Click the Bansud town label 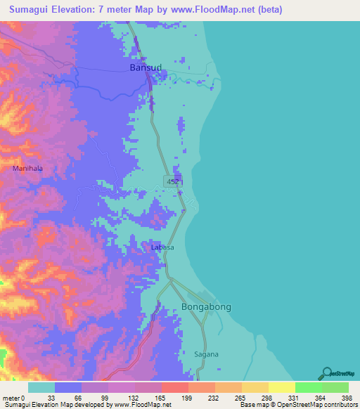point(146,67)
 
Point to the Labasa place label point(162,247)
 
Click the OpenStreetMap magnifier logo point(328,373)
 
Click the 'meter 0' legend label point(15,397)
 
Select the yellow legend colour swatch point(281,387)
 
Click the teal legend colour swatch point(41,387)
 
